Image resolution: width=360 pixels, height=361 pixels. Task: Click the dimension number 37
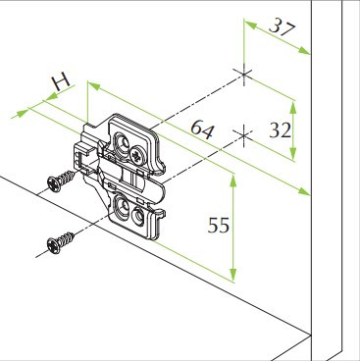[283, 27]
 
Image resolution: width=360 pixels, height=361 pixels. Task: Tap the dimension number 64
[202, 129]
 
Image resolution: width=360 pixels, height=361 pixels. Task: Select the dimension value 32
[280, 130]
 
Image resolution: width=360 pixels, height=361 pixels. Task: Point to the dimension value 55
[219, 226]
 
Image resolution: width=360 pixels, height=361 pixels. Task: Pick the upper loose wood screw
[61, 181]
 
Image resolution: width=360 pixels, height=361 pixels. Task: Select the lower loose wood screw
[60, 242]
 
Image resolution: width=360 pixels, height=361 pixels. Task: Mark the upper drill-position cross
[243, 75]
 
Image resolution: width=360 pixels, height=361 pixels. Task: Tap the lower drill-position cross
[243, 135]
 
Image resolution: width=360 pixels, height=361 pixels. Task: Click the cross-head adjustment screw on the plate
[136, 155]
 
